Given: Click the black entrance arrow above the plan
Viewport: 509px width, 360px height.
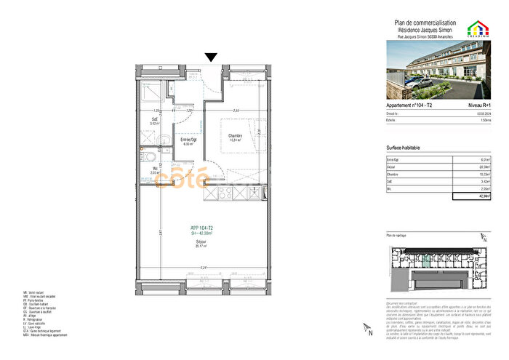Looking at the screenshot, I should pos(212,57).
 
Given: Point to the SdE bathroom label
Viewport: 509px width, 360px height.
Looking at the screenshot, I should pos(154,121).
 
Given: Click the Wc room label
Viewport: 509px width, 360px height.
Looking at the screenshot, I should pos(154,172).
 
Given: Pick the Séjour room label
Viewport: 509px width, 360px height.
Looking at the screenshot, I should pos(201,243).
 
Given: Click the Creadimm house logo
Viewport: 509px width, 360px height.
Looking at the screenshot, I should pos(479,29).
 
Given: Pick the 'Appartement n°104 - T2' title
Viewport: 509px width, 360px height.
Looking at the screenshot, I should pos(410,105).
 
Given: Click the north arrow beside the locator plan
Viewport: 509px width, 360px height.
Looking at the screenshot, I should pos(484,235).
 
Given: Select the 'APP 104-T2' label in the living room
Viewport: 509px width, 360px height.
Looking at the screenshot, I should pos(201,228).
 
